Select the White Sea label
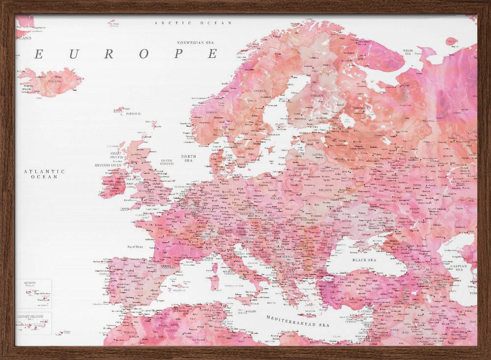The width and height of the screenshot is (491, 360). click(x=408, y=52)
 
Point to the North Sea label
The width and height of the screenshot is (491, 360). click(x=189, y=158)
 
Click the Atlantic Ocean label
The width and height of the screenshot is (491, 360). click(x=44, y=174)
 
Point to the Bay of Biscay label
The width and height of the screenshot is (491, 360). click(x=135, y=247)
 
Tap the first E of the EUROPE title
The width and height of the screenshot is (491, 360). click(x=38, y=54)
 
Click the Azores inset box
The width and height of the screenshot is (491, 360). click(x=33, y=293)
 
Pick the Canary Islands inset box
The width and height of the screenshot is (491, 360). click(x=33, y=323)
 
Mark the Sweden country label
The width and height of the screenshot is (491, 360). click(x=260, y=91)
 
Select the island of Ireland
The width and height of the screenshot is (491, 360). click(x=114, y=183)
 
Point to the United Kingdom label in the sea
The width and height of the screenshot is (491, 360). click(x=167, y=162)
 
